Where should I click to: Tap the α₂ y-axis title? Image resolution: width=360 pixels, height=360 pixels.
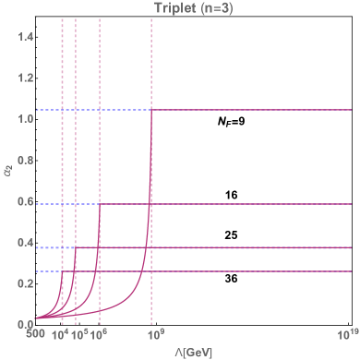click(7, 170)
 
